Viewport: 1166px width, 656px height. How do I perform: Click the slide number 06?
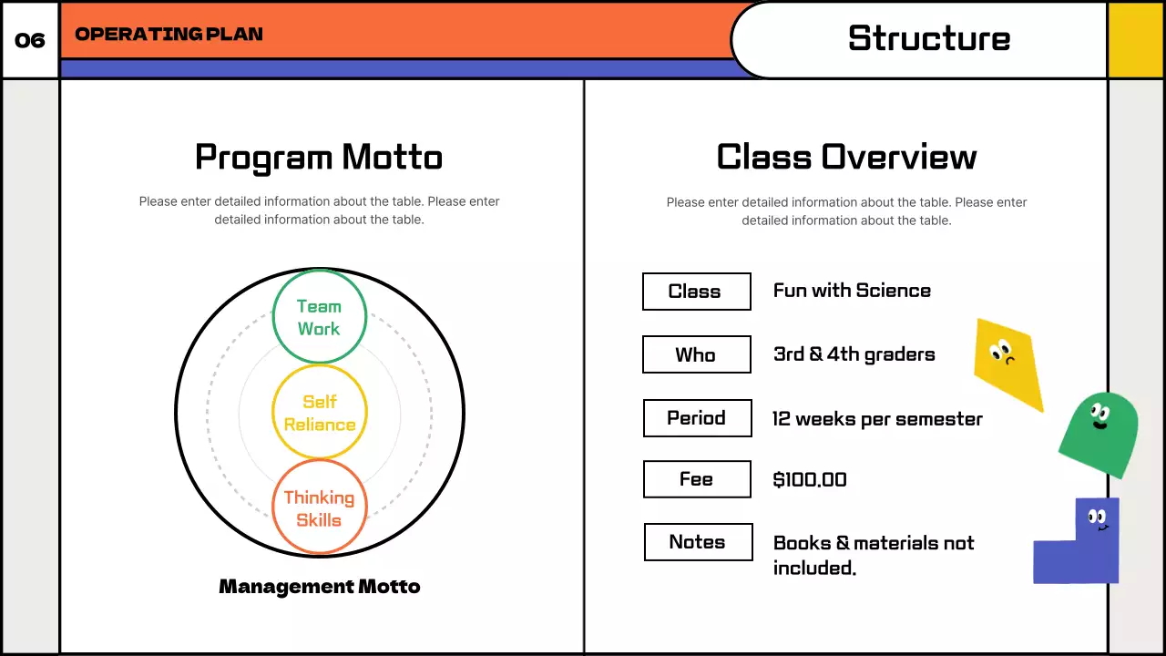30,40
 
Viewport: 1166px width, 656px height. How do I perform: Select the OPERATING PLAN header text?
169,35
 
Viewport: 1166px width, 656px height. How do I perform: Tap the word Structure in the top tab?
928,38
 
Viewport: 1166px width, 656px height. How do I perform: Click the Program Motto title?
319,157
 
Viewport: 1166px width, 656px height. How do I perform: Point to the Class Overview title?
846,157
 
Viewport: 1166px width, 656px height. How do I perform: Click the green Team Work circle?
319,317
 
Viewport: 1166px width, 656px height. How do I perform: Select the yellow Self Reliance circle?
319,413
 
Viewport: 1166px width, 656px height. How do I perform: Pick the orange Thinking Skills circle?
319,507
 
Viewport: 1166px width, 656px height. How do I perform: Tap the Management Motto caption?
320,586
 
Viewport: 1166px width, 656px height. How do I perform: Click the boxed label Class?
696,292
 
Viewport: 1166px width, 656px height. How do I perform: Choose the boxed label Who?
696,354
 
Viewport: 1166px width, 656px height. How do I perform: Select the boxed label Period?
697,418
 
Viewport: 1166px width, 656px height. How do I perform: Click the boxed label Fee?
697,479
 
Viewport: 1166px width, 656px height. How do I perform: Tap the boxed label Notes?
698,542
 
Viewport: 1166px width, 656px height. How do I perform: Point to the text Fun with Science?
852,291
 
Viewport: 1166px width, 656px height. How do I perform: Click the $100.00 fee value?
810,479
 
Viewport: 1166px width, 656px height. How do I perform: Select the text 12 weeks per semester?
877,419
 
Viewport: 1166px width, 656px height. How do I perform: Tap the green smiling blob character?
1100,434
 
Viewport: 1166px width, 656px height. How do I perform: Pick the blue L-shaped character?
1079,547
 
